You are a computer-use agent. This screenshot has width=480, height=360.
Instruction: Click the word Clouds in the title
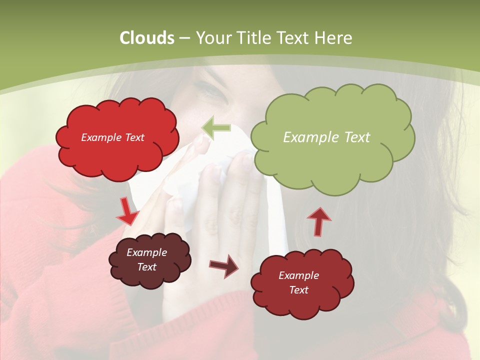146,38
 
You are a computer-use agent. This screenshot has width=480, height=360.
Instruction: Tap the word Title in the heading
255,38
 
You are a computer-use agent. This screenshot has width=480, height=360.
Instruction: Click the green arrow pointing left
216,128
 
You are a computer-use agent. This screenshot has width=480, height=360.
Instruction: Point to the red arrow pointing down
127,211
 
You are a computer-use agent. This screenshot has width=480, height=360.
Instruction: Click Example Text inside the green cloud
326,137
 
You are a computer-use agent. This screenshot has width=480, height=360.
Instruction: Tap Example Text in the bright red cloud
112,137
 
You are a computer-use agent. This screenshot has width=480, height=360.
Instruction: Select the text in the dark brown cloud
146,260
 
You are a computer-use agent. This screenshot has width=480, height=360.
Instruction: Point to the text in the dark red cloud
298,282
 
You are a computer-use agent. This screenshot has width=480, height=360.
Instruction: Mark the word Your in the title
214,38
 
